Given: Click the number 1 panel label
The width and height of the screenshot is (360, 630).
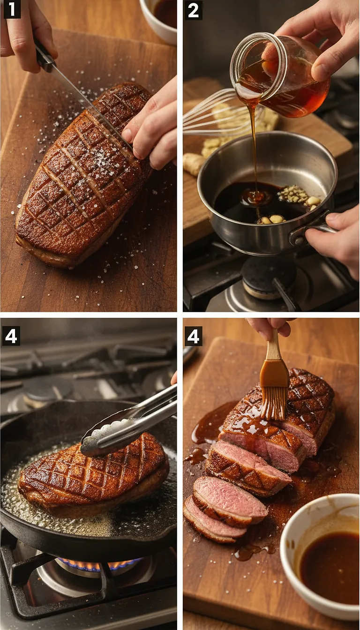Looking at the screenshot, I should (12, 9).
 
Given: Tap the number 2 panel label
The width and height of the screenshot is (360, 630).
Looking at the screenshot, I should (193, 10).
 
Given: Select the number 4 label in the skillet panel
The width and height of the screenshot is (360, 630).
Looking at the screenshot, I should (11, 336).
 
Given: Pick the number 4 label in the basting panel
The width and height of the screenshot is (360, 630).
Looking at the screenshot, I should (193, 336).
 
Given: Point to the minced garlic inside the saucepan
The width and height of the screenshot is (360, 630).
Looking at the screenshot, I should (294, 195).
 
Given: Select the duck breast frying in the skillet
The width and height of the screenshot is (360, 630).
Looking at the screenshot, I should (94, 473).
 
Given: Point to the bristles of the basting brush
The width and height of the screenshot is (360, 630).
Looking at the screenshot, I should (274, 403).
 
